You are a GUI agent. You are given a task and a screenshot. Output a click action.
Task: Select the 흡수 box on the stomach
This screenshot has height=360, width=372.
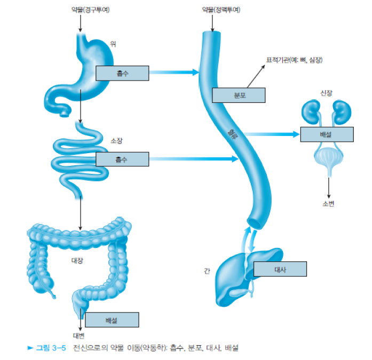click(x=122, y=73)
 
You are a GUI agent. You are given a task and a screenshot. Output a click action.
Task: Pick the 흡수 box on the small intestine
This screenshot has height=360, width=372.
click(x=122, y=159)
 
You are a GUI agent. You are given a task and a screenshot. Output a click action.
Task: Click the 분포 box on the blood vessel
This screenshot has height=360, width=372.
click(x=238, y=95)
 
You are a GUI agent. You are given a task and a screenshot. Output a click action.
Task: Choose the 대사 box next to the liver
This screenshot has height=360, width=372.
click(x=280, y=269)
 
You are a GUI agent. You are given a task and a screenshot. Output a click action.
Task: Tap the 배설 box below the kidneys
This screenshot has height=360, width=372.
click(x=326, y=134)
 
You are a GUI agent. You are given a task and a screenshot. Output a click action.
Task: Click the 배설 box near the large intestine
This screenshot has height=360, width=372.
click(x=112, y=320)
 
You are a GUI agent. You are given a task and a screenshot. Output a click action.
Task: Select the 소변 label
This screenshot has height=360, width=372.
click(x=328, y=204)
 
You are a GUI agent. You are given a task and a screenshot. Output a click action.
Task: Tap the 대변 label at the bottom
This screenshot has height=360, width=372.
click(x=79, y=335)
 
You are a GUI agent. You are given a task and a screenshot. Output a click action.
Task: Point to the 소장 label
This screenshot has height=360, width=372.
click(x=116, y=141)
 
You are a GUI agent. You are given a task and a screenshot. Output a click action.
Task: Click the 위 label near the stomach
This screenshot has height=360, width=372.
click(x=113, y=44)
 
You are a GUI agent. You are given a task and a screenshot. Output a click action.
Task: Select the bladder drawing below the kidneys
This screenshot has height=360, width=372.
click(x=327, y=160)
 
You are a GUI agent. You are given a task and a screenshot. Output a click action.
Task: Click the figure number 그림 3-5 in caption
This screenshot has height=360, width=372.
click(x=53, y=348)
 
